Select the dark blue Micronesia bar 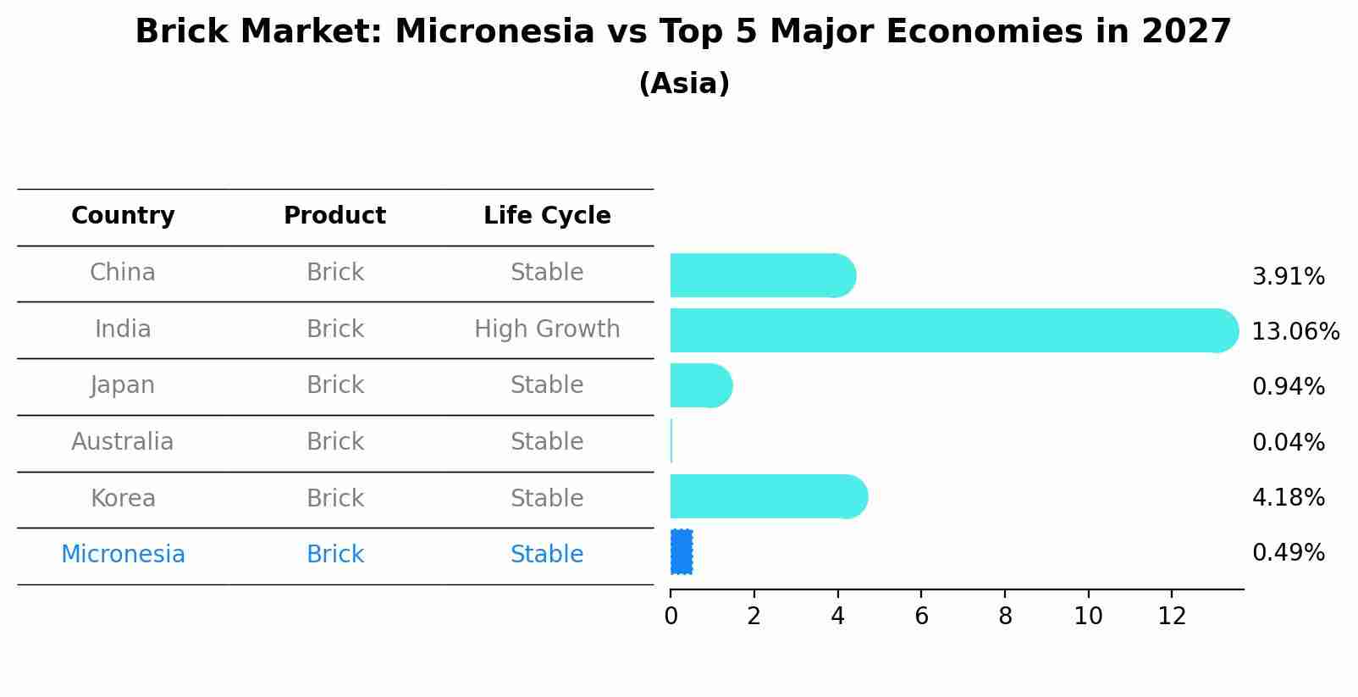coord(682,552)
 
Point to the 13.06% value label coord(1295,331)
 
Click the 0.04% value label coord(1288,442)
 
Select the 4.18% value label coord(1288,497)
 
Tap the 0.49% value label coord(1288,553)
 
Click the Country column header coord(123,216)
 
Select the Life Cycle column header coord(547,216)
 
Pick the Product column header coord(334,216)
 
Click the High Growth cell coord(547,329)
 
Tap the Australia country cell coord(123,442)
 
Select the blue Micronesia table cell coord(123,555)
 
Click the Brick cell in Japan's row coord(334,385)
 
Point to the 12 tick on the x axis coord(1172,617)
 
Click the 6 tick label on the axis coord(921,617)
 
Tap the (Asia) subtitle coord(684,84)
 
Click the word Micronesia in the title coord(494,32)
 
